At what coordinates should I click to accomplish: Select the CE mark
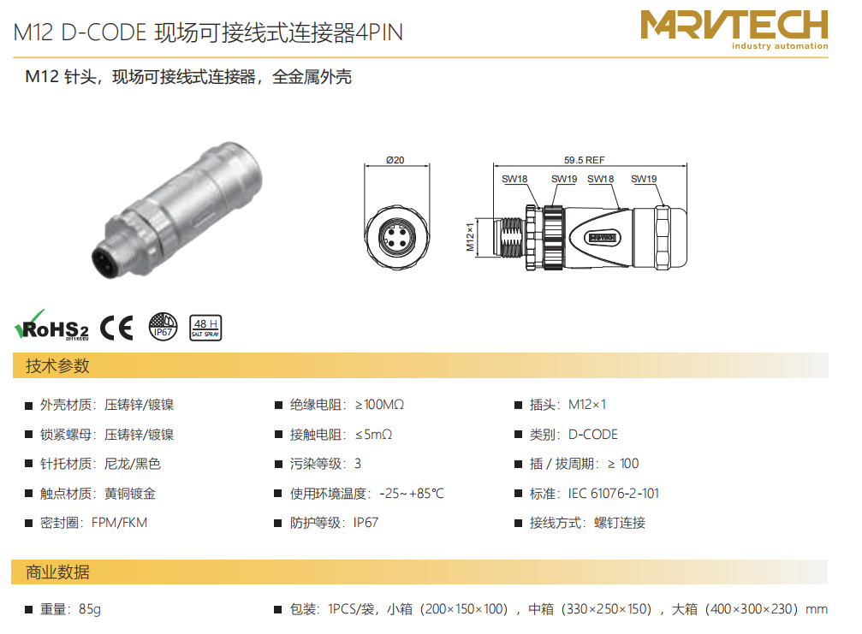(x=116, y=328)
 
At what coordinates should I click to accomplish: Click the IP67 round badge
(x=163, y=327)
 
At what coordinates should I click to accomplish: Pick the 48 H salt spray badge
(x=205, y=328)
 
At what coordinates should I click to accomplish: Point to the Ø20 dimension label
(x=395, y=160)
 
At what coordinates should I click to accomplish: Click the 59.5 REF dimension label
(x=584, y=160)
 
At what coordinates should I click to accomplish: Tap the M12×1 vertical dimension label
(x=470, y=237)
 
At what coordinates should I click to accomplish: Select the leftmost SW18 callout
(x=514, y=179)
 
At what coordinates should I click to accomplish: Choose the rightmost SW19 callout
(x=644, y=179)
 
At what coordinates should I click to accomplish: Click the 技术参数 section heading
(x=57, y=366)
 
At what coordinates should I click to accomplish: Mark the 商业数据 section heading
(x=57, y=572)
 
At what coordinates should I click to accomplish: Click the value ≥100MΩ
(x=379, y=405)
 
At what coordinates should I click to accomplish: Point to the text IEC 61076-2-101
(x=614, y=494)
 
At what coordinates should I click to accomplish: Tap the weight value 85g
(x=90, y=609)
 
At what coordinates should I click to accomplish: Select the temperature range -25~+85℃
(x=411, y=494)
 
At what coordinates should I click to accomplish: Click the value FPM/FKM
(x=119, y=523)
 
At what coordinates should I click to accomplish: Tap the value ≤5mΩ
(x=373, y=435)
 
